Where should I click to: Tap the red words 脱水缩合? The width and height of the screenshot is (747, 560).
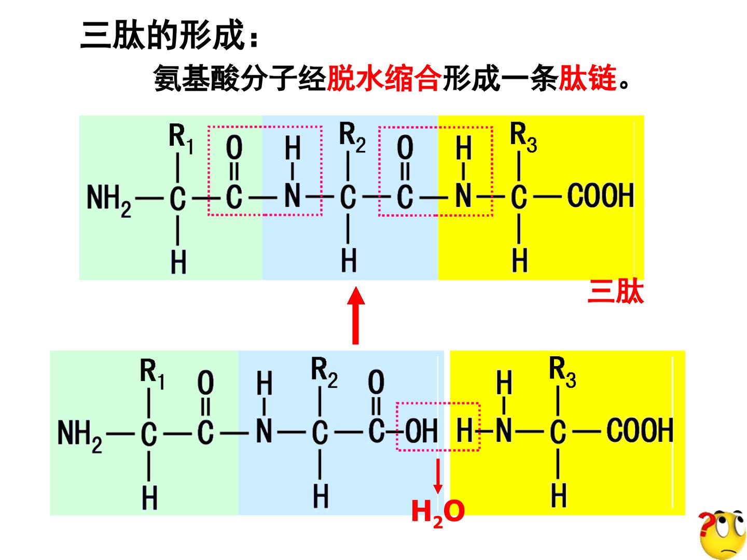coord(384,78)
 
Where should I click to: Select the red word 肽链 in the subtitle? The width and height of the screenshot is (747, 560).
coord(587,78)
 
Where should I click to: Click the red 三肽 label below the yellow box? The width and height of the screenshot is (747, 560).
coord(616,291)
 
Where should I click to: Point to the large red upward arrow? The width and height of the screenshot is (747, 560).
coord(356,315)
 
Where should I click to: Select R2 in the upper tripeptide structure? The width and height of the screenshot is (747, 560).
coord(352,137)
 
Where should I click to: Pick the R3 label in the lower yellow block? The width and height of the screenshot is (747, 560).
coord(562,372)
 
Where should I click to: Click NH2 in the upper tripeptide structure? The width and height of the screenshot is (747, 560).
coord(109,201)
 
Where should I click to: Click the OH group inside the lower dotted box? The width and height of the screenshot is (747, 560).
coord(421,430)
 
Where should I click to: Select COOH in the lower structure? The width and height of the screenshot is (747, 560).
coord(640,430)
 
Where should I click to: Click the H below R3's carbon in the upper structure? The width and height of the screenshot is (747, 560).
coord(520,260)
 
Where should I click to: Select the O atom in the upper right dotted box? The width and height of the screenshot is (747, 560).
coord(405,148)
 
